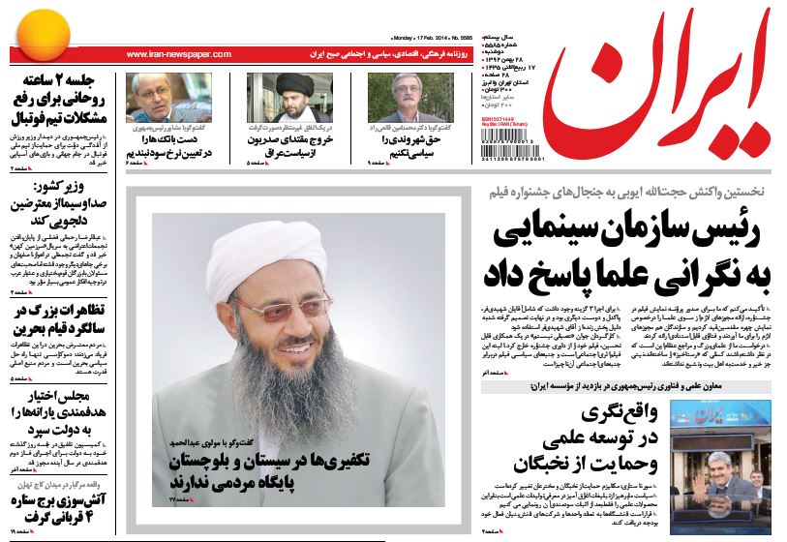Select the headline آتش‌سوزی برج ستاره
[60, 507]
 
